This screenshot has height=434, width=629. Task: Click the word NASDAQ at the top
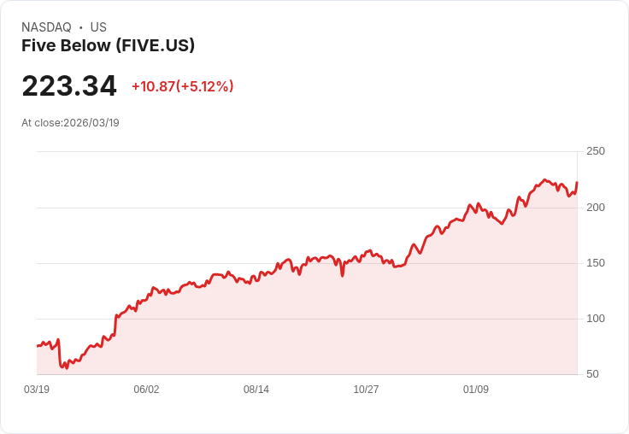click(46, 27)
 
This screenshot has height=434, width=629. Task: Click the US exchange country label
click(98, 27)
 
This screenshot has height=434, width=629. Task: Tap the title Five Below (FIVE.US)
click(108, 45)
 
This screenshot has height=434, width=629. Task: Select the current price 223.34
click(69, 86)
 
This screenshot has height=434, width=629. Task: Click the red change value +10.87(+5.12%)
click(182, 86)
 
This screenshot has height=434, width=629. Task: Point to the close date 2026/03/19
click(91, 123)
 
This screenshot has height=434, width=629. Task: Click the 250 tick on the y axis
click(596, 151)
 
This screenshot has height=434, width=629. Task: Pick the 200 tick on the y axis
click(596, 208)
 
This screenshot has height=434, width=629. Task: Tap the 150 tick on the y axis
click(596, 263)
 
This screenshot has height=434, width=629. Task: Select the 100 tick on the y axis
click(596, 319)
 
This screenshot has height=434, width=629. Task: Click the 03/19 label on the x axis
click(37, 390)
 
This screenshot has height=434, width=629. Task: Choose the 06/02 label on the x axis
click(146, 390)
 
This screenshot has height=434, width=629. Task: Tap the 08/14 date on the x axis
click(256, 390)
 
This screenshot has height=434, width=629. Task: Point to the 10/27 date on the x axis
click(366, 390)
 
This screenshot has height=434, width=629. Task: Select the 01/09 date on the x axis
click(476, 390)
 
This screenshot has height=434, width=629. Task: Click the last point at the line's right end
click(577, 182)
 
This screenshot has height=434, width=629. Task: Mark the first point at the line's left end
click(37, 346)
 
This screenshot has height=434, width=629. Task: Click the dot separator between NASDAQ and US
click(81, 27)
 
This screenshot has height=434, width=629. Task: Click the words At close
click(41, 123)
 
